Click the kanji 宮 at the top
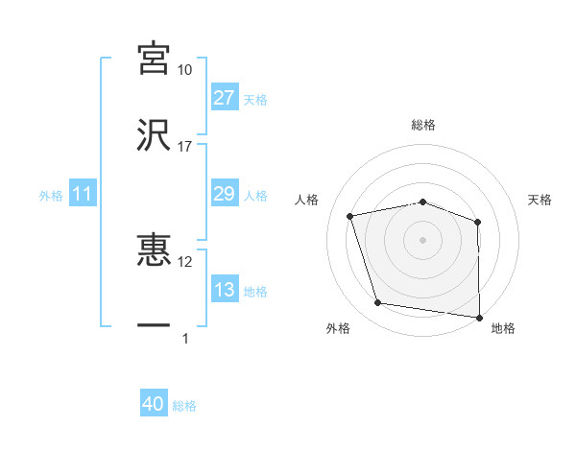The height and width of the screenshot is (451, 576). point(155,59)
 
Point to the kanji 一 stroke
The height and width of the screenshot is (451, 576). point(155,325)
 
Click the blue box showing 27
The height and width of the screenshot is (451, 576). point(224,98)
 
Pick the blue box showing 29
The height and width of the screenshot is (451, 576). point(224,194)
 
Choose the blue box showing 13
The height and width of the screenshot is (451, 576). point(224,290)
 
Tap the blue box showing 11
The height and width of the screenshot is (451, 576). point(82,195)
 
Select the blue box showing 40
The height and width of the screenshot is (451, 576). point(154,405)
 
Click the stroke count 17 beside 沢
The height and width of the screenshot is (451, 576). point(185,147)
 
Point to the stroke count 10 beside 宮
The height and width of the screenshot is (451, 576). point(185,70)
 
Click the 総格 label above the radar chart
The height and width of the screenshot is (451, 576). point(423,125)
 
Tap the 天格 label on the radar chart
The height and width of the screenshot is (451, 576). point(540,200)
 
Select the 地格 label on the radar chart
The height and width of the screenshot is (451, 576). point(503,328)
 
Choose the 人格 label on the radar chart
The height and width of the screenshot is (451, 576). point(307,200)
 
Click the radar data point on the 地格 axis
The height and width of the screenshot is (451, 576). point(479,317)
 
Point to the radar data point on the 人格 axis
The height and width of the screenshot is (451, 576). point(351,216)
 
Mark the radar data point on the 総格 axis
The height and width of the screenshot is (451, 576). point(423,202)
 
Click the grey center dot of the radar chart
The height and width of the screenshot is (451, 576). point(423,239)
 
